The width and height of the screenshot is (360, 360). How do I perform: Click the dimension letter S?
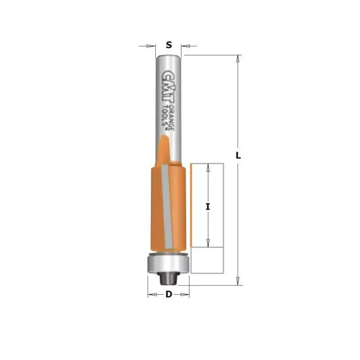click(x=169, y=45)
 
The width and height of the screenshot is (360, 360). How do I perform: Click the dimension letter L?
click(x=238, y=156)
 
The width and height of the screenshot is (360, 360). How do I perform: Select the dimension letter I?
click(x=208, y=207)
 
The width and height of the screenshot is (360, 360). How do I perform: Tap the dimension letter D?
click(x=169, y=294)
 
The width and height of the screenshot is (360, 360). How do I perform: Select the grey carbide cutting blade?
click(x=167, y=206)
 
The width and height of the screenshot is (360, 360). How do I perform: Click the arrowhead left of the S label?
click(x=151, y=46)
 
